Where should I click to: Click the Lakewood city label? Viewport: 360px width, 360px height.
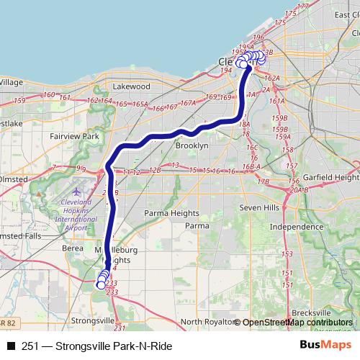click(130, 86)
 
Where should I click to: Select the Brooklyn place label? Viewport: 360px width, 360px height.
click(192, 145)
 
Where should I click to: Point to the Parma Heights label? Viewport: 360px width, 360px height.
click(171, 213)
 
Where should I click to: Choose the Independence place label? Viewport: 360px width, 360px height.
click(296, 227)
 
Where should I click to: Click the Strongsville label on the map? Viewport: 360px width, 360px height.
click(92, 319)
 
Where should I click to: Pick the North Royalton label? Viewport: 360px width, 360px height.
click(207, 321)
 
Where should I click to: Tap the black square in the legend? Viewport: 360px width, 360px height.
click(11, 345)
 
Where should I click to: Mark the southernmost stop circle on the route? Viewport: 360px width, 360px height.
click(101, 285)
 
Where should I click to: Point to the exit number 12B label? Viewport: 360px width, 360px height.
click(154, 171)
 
